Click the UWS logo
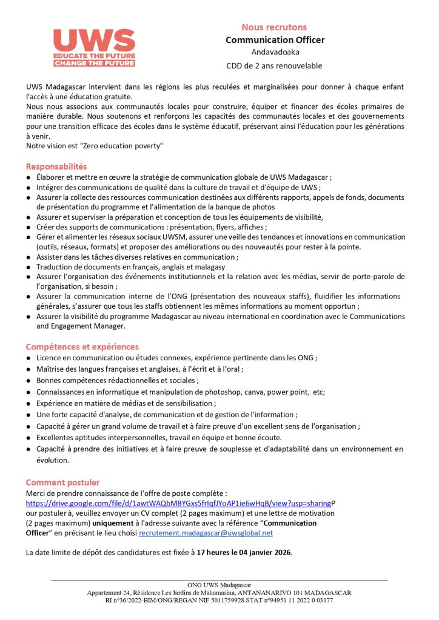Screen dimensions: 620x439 point(93,48)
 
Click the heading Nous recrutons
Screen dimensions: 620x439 point(274,27)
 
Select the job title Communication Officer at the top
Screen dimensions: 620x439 point(275,40)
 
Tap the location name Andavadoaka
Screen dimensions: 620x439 point(275,53)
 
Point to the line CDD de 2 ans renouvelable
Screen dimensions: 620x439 point(275,65)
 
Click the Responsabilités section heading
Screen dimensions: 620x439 point(56,166)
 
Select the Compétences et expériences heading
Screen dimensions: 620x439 point(82,347)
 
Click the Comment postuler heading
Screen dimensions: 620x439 point(62,483)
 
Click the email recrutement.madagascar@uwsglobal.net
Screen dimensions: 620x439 point(206,533)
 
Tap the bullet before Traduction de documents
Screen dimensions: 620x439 point(28,266)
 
